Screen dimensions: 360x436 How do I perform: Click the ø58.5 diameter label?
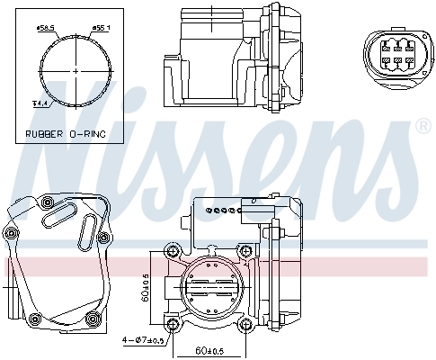pyautogui.click(x=46, y=28)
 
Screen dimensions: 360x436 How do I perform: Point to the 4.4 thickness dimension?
pyautogui.click(x=40, y=104)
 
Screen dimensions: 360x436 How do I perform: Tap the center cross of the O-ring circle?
pyautogui.click(x=76, y=69)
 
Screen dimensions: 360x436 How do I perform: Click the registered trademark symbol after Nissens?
pyautogui.click(x=422, y=130)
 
